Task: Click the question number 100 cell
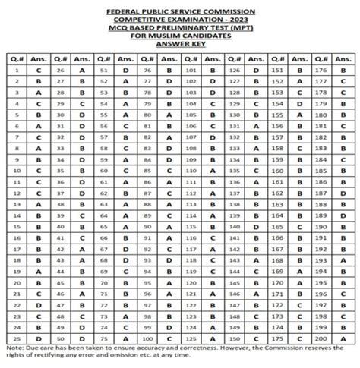tap(147, 338)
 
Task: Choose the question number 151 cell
tap(280, 70)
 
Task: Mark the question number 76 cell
tap(147, 70)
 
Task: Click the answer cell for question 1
tap(38, 70)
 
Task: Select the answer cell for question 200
tap(345, 338)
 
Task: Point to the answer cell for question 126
tap(257, 70)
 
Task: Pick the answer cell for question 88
tap(169, 204)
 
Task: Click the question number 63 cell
tap(104, 204)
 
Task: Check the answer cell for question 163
tap(302, 204)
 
